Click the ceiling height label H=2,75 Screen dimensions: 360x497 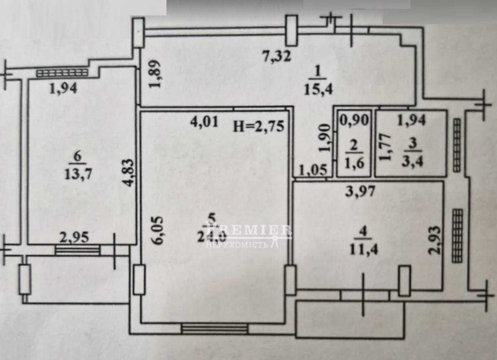259,126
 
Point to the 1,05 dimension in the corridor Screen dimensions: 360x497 314,170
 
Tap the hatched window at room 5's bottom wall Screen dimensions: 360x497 214,328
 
